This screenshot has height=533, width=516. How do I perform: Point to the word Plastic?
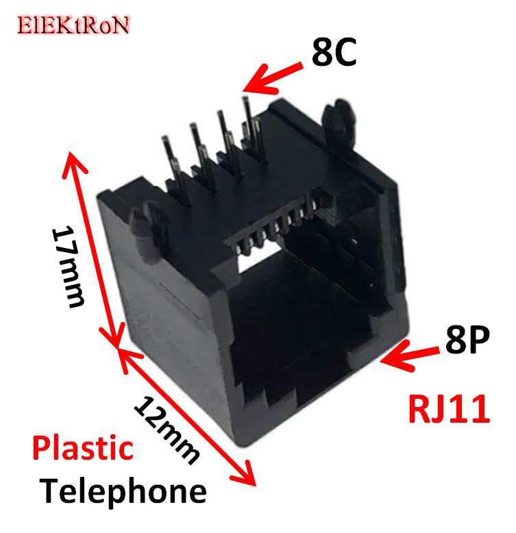pyautogui.click(x=83, y=449)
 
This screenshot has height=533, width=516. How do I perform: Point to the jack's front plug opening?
pyautogui.click(x=295, y=329)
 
